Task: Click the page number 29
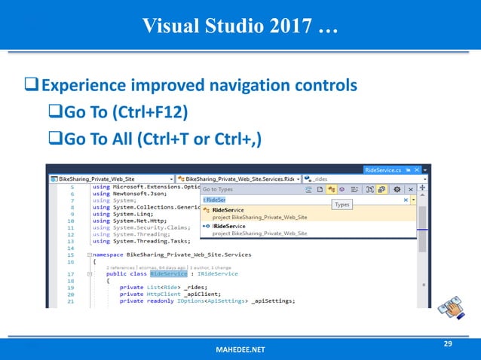pos(448,343)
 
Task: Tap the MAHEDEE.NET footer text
pos(240,351)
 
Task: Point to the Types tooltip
pos(342,204)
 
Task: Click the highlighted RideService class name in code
pos(168,273)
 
